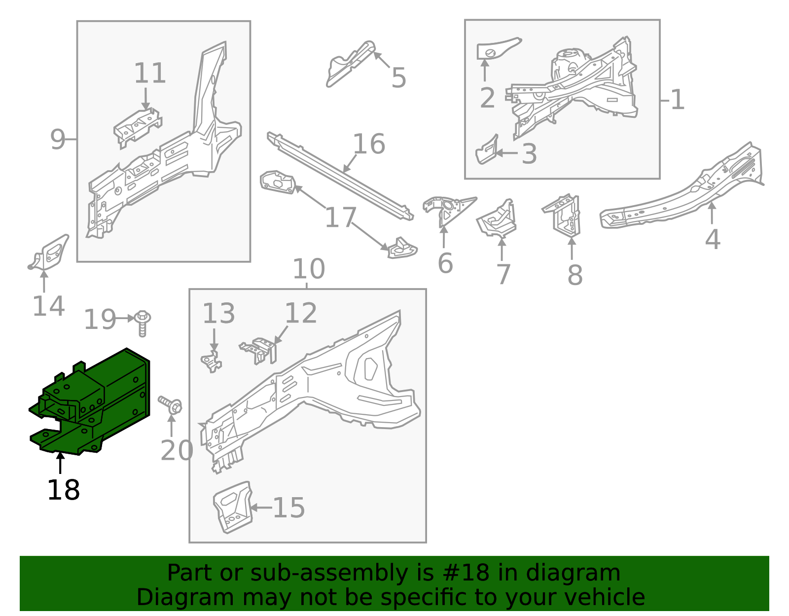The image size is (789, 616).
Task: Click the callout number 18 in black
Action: tap(64, 490)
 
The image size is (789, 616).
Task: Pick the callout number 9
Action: tap(57, 140)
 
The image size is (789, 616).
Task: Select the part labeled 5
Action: tap(350, 64)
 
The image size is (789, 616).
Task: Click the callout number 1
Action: tap(678, 100)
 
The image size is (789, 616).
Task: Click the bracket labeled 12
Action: tap(260, 350)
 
